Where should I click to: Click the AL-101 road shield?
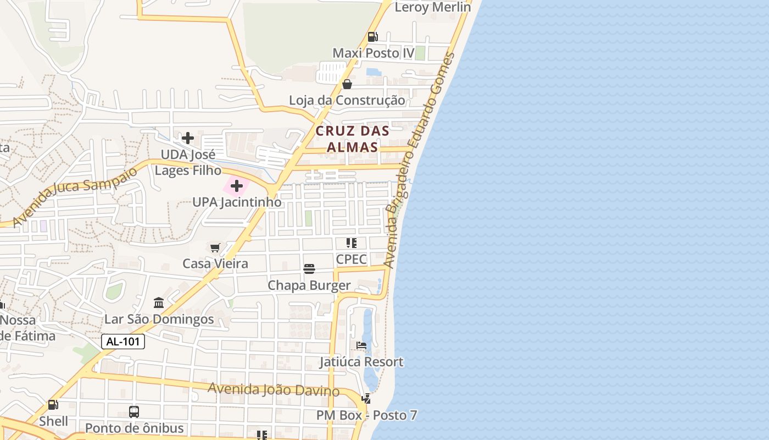pos(122,342)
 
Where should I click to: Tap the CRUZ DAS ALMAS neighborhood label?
pos(352,139)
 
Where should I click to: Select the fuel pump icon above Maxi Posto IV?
pos(372,37)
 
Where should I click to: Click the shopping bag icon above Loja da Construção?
pos(347,84)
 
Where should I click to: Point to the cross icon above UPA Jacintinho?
pos(237,186)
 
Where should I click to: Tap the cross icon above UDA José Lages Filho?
pos(188,138)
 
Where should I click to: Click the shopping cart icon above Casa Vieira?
pos(215,248)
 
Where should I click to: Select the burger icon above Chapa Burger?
pos(309,269)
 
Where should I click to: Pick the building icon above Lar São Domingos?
pos(159,302)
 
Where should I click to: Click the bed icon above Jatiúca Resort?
pos(361,345)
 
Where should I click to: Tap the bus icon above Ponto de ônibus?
pos(133,411)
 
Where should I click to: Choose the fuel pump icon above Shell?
pos(53,405)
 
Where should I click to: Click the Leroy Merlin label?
pos(433,7)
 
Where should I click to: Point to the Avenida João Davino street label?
pos(274,389)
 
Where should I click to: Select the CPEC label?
pos(351,259)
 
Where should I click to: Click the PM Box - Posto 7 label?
pos(366,415)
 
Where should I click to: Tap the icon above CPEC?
pos(352,243)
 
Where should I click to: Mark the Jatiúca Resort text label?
pos(362,362)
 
